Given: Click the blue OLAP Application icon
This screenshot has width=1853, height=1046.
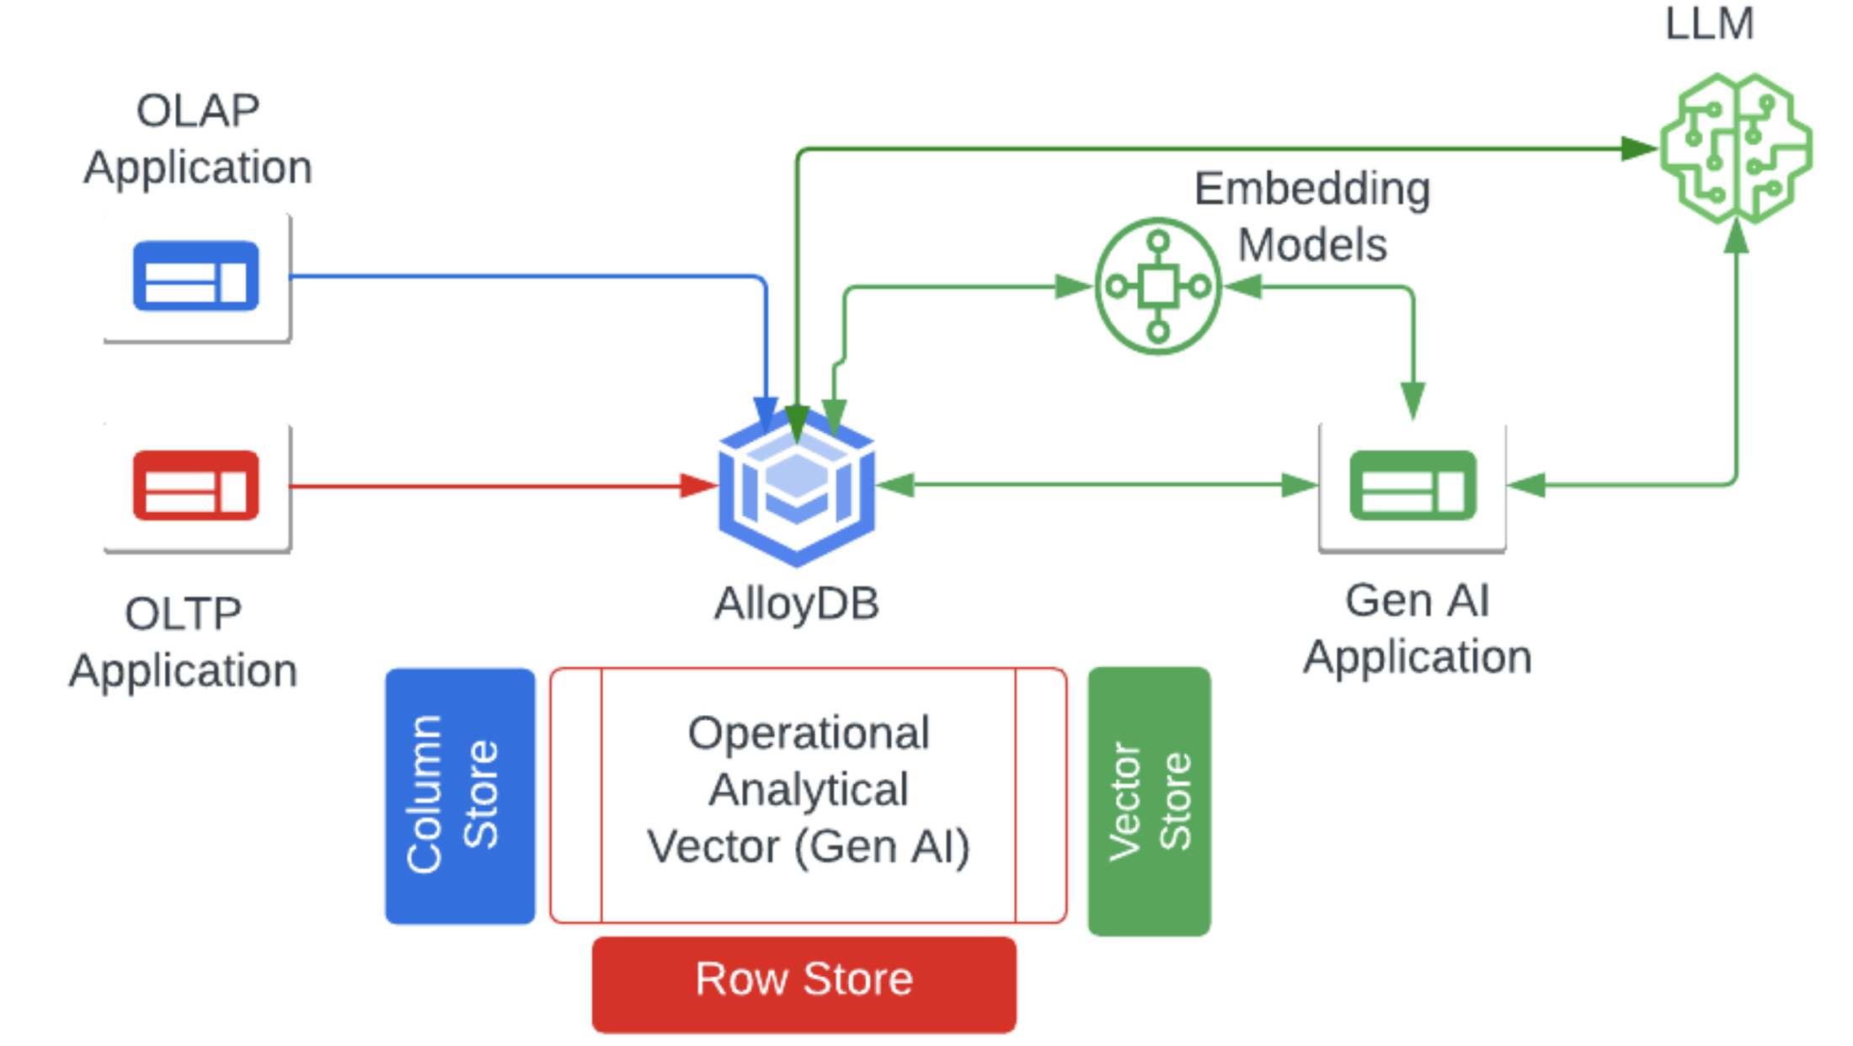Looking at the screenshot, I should pyautogui.click(x=195, y=276).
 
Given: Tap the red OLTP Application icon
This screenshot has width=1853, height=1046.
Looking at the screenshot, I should pyautogui.click(x=195, y=486).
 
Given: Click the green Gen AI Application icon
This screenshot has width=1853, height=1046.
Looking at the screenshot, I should pyautogui.click(x=1412, y=486).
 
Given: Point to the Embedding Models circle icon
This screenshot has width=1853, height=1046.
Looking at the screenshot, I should pyautogui.click(x=1158, y=286).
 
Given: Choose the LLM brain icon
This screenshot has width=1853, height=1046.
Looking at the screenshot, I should pyautogui.click(x=1736, y=149).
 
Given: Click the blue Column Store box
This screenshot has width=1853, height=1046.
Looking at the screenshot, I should pyautogui.click(x=460, y=796).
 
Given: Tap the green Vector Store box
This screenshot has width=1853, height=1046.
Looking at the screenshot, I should pyautogui.click(x=1149, y=801).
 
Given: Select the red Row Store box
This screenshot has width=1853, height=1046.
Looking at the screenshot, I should pyautogui.click(x=804, y=983).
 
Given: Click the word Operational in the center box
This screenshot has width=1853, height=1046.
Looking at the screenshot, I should pyautogui.click(x=809, y=733).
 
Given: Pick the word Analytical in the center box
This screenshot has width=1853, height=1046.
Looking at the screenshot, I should pyautogui.click(x=809, y=790).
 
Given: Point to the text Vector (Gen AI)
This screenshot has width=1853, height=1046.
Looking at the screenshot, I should pyautogui.click(x=809, y=846).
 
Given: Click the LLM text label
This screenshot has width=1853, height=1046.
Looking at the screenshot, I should pyautogui.click(x=1710, y=23).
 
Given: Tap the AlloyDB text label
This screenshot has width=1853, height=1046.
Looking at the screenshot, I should pyautogui.click(x=797, y=604).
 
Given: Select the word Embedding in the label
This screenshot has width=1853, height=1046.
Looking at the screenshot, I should pyautogui.click(x=1312, y=189).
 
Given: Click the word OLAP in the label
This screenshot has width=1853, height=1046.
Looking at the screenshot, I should pyautogui.click(x=198, y=111).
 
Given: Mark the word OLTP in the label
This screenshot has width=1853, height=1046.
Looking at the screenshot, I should pyautogui.click(x=183, y=614).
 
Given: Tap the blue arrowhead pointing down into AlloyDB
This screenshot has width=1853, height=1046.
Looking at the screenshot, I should pyautogui.click(x=766, y=414).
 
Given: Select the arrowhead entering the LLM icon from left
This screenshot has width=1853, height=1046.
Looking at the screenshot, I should pyautogui.click(x=1639, y=149).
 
